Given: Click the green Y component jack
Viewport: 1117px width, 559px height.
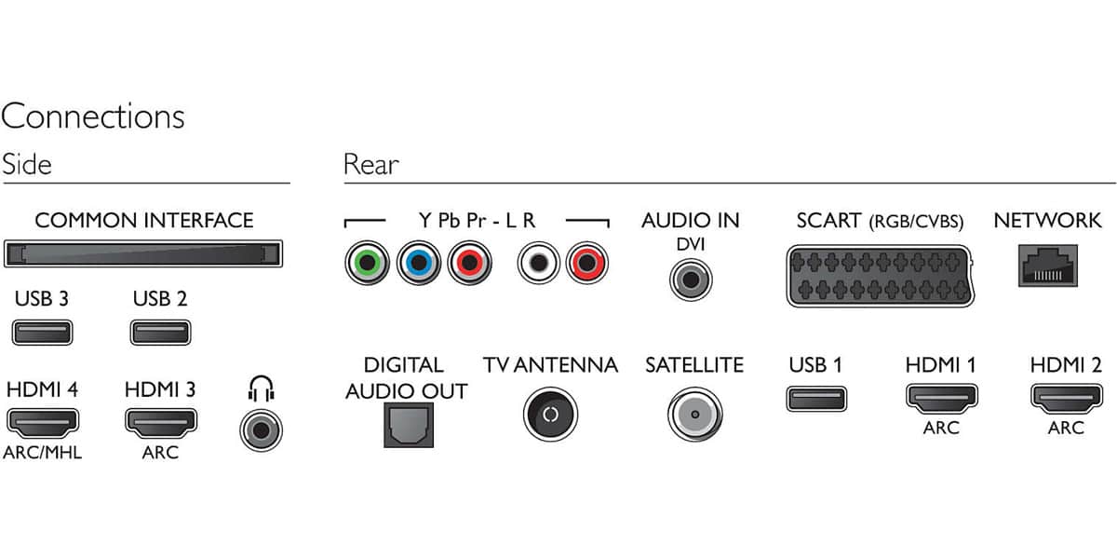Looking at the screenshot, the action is pos(367,263).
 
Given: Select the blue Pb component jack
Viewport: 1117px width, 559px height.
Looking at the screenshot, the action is pos(419,263).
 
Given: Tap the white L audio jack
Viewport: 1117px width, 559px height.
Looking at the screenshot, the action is pos(539,263).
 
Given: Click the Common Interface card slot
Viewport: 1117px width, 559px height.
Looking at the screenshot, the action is pos(143,253).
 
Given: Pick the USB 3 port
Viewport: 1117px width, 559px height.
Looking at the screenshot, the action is pos(43,333).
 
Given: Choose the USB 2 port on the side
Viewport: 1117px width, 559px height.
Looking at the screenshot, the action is pos(160,333).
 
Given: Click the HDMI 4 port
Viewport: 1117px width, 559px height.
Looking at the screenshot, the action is pos(43,422).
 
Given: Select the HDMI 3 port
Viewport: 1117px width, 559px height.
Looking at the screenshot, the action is pos(160,422).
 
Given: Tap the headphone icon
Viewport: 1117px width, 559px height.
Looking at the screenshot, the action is pos(262,389).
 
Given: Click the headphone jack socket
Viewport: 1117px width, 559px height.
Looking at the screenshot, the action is pos(262,430).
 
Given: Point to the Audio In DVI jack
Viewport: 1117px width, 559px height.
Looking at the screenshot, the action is pos(691,280).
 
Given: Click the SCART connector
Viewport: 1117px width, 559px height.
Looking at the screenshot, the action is pos(881,276).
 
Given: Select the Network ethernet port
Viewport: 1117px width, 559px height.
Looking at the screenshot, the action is pos(1048,266).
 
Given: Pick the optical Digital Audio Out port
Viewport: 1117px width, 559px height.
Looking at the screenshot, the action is pos(409,425).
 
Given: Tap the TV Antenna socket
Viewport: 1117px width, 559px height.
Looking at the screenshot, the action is pos(550,415).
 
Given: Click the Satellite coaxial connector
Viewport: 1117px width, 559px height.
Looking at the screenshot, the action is pos(695,415).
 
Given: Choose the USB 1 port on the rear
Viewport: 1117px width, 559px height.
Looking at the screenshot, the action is pos(816,399).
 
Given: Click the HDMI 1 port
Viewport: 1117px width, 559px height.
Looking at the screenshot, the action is pos(941,398).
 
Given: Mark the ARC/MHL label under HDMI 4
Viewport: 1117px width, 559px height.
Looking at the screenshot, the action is pos(43,453).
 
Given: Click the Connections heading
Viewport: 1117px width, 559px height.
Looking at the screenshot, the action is pos(93,116).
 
